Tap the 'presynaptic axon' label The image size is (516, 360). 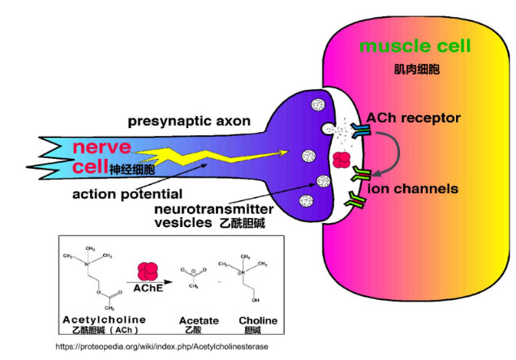(x=187, y=122)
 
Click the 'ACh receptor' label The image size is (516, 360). (x=413, y=118)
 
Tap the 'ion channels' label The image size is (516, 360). (x=411, y=189)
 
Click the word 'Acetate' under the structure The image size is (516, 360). (x=198, y=321)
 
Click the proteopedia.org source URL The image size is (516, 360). (x=162, y=346)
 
